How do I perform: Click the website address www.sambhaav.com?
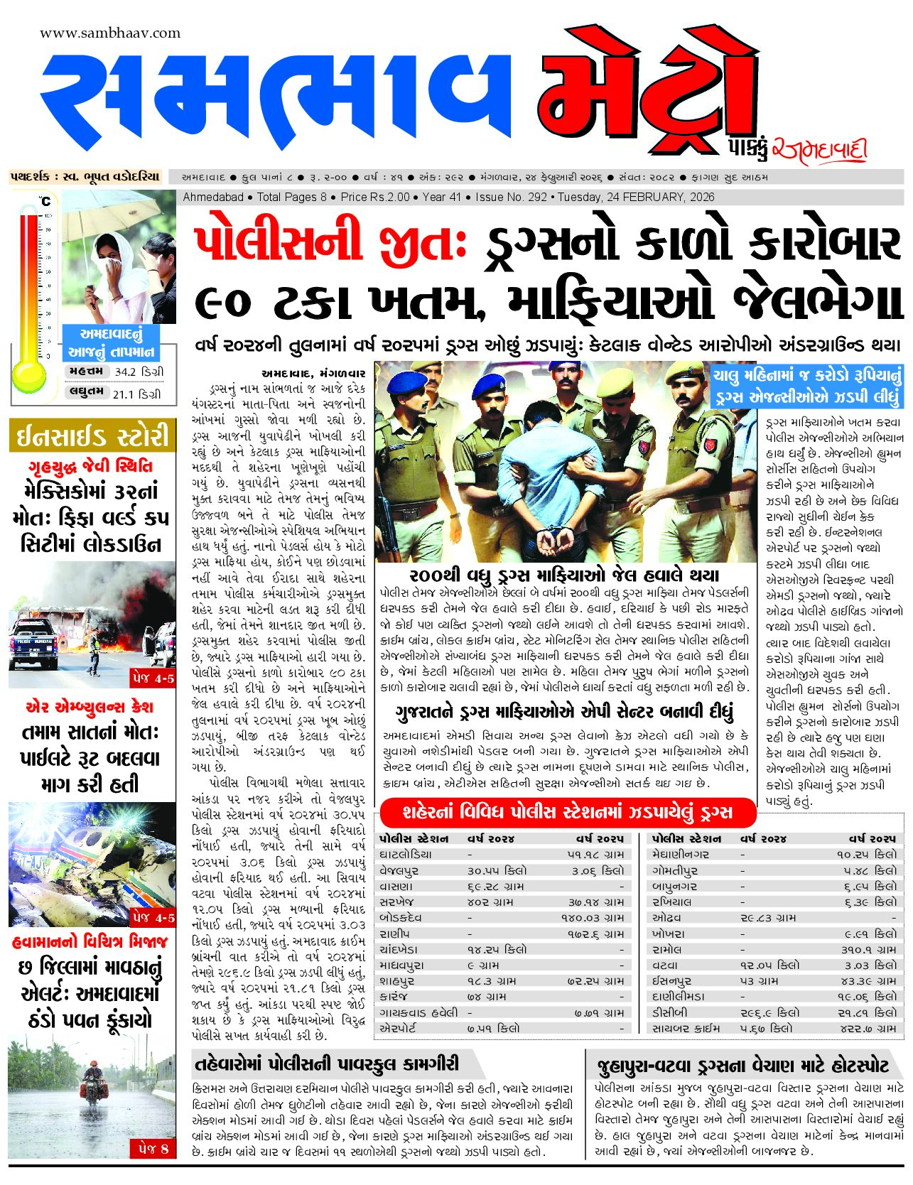(x=110, y=33)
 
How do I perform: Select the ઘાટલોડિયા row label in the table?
(x=406, y=855)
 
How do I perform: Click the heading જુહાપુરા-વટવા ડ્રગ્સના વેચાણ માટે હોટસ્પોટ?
(x=742, y=1066)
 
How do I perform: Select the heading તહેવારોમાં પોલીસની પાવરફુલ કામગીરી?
(x=327, y=1064)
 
